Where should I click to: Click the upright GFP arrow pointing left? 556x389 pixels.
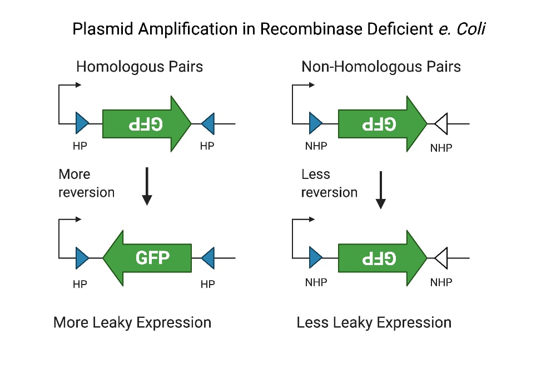[x=147, y=258]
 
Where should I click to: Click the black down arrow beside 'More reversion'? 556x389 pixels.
[x=147, y=186]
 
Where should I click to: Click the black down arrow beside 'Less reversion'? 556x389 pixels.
[x=381, y=189]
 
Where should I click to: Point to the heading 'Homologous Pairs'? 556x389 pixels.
[x=140, y=67]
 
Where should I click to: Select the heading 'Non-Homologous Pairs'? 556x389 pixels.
[x=381, y=67]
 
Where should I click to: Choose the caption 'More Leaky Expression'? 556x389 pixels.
[x=132, y=322]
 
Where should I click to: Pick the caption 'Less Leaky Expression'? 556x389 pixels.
[x=374, y=322]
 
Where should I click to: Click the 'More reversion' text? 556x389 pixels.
[x=86, y=183]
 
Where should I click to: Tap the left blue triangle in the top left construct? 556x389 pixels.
[x=82, y=123]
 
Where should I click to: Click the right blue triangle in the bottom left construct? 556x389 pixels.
[x=208, y=258]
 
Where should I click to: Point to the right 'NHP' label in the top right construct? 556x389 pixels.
[x=441, y=148]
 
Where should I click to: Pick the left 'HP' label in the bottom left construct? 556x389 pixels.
[x=80, y=284]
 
